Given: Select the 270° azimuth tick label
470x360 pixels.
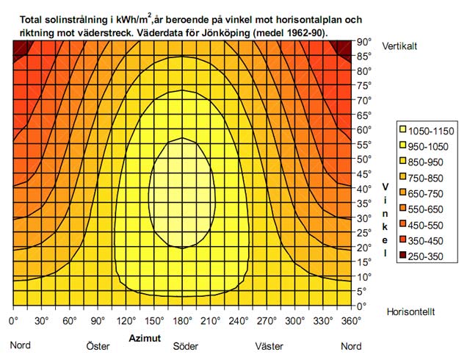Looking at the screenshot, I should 266,321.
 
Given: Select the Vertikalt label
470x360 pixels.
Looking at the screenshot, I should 400,46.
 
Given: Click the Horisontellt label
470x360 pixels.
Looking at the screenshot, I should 411,312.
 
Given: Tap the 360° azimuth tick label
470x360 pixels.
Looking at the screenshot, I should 351,321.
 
